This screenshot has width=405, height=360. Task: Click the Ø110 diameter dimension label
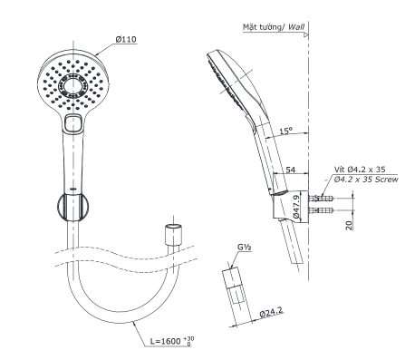pos(127,41)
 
